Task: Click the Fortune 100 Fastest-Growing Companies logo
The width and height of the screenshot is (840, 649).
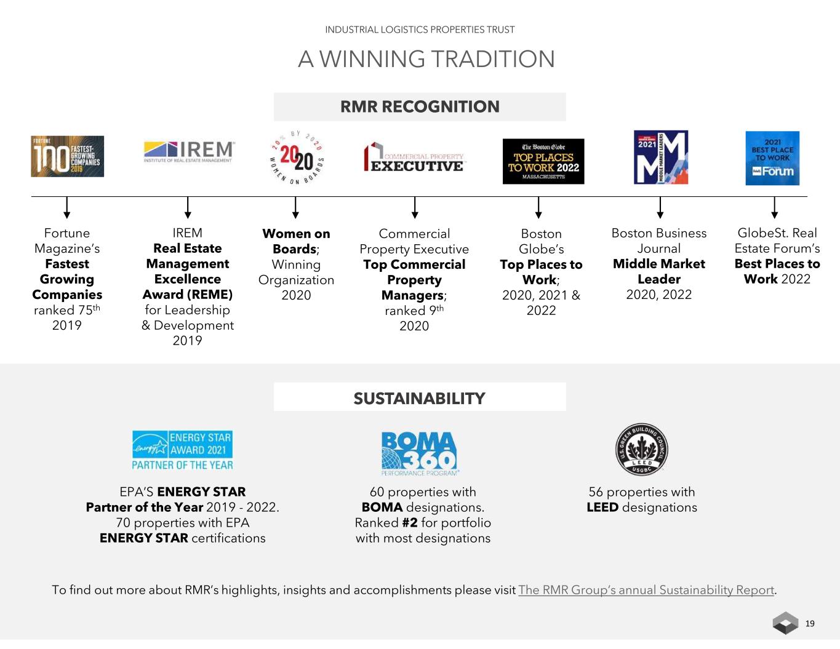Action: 67,156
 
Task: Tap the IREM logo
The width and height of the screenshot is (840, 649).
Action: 188,151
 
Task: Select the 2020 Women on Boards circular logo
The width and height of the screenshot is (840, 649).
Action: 297,158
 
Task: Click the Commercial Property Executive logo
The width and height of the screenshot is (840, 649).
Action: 414,158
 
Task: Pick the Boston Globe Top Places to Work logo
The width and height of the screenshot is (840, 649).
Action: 543,161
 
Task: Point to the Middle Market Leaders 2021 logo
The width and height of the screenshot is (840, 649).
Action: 660,157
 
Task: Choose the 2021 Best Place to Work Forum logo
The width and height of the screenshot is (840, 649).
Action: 772,158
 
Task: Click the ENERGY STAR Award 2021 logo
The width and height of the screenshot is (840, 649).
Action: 182,450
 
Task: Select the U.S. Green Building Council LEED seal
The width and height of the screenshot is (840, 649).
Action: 641,449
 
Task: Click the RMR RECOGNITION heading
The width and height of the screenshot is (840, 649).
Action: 420,106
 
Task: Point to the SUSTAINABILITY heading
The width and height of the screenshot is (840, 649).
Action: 420,398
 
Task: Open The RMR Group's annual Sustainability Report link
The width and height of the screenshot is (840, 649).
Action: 646,590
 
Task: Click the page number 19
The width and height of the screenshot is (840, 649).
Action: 810,623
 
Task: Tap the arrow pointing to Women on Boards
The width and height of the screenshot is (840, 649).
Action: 296,208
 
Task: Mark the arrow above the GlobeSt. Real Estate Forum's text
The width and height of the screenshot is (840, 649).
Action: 774,208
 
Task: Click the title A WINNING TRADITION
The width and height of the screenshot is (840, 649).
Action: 426,59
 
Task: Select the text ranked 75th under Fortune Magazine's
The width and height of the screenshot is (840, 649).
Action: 66,310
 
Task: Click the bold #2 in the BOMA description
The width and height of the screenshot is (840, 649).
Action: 410,523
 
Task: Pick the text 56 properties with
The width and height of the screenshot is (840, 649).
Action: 641,492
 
